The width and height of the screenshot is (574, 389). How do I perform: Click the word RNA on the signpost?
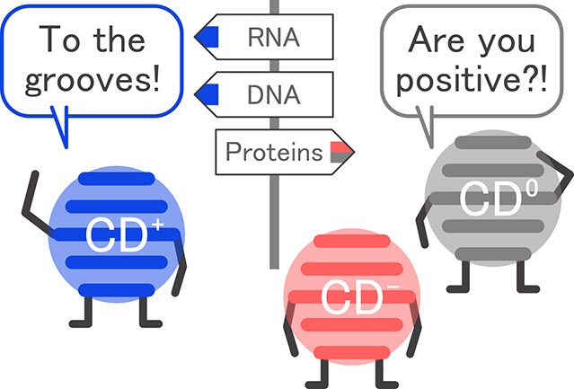point(274,38)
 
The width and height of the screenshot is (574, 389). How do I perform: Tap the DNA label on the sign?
point(274,95)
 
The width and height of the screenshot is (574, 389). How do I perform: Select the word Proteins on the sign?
point(274,152)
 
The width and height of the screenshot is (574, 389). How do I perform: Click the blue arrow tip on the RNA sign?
point(208,37)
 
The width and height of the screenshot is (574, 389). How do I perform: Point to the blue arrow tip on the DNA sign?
point(208,94)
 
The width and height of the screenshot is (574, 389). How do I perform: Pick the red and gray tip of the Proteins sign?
point(341,152)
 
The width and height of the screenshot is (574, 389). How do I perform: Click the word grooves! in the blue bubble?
point(93,79)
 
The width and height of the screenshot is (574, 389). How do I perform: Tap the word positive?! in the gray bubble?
point(472,79)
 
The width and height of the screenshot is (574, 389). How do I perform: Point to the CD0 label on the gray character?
point(499,198)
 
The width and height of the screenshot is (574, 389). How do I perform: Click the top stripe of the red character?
point(352,241)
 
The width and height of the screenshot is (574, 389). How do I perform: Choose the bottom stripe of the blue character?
point(117,290)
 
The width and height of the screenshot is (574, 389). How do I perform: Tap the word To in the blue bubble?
point(59,39)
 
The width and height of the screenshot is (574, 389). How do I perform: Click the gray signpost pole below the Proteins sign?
point(274,222)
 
